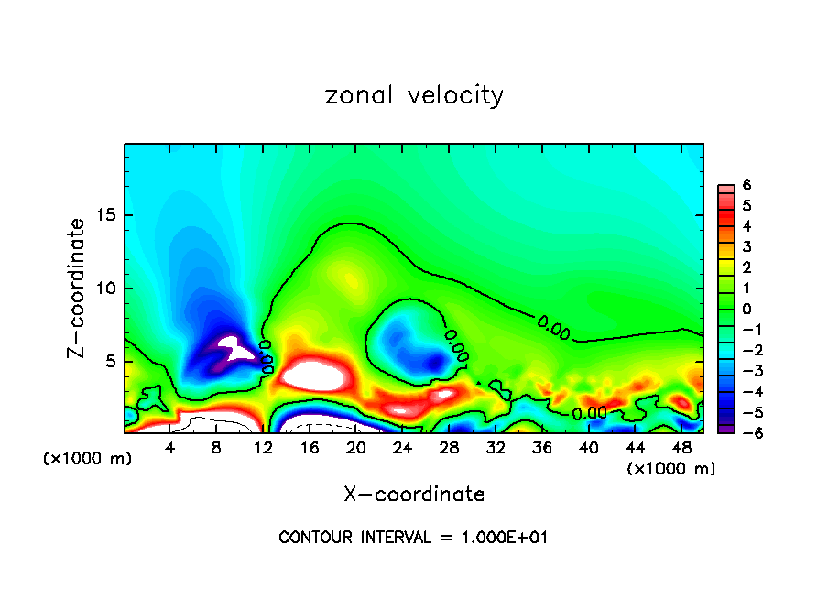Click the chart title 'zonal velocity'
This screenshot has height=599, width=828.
[x=414, y=95]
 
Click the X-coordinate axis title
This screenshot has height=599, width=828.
[x=414, y=495]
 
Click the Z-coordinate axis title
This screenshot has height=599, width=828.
[x=80, y=288]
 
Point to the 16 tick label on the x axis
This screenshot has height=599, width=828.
[x=310, y=448]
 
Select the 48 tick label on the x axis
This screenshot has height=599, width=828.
[x=681, y=448]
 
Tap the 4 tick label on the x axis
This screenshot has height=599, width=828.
[x=170, y=448]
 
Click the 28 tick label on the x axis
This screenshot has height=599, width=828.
[x=449, y=448]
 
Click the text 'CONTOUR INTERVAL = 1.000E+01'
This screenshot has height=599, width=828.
[x=413, y=538]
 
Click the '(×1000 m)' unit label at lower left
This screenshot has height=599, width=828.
[x=88, y=459]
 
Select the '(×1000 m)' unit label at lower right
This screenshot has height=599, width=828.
[x=670, y=469]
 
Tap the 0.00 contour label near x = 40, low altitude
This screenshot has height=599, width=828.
[x=589, y=413]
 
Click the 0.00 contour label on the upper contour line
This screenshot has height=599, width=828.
[x=554, y=325]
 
